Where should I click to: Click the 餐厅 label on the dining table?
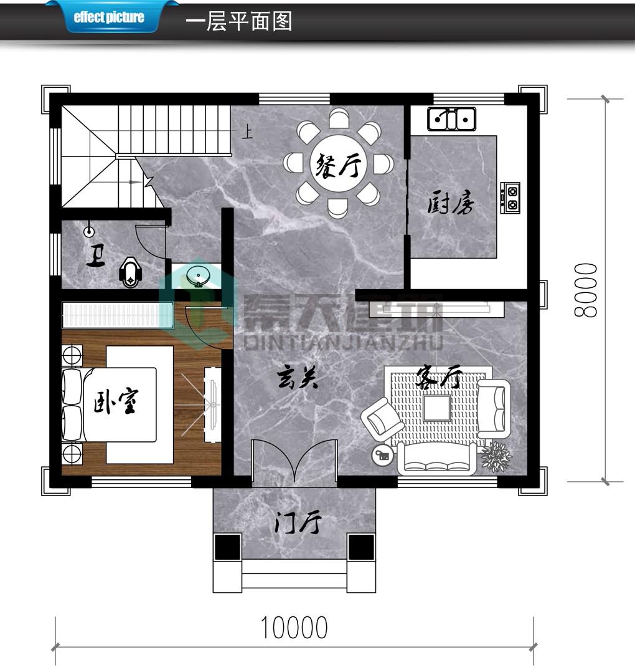[x=339, y=165]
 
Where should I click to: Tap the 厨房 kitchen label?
[x=451, y=203]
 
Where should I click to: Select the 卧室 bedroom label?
[x=116, y=401]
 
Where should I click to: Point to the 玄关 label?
[x=298, y=378]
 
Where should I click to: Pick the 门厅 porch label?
[x=297, y=523]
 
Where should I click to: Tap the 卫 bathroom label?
[x=96, y=256]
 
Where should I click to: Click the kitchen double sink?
[x=451, y=119]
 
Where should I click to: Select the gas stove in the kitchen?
[x=510, y=198]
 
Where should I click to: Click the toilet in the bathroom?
[x=129, y=272]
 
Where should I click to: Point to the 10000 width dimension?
[x=294, y=627]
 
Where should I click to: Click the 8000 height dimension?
[x=585, y=290]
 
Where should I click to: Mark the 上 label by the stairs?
[x=247, y=132]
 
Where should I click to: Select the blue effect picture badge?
[x=109, y=17]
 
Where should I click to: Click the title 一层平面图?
[x=238, y=21]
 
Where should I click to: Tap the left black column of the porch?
[x=227, y=547]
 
